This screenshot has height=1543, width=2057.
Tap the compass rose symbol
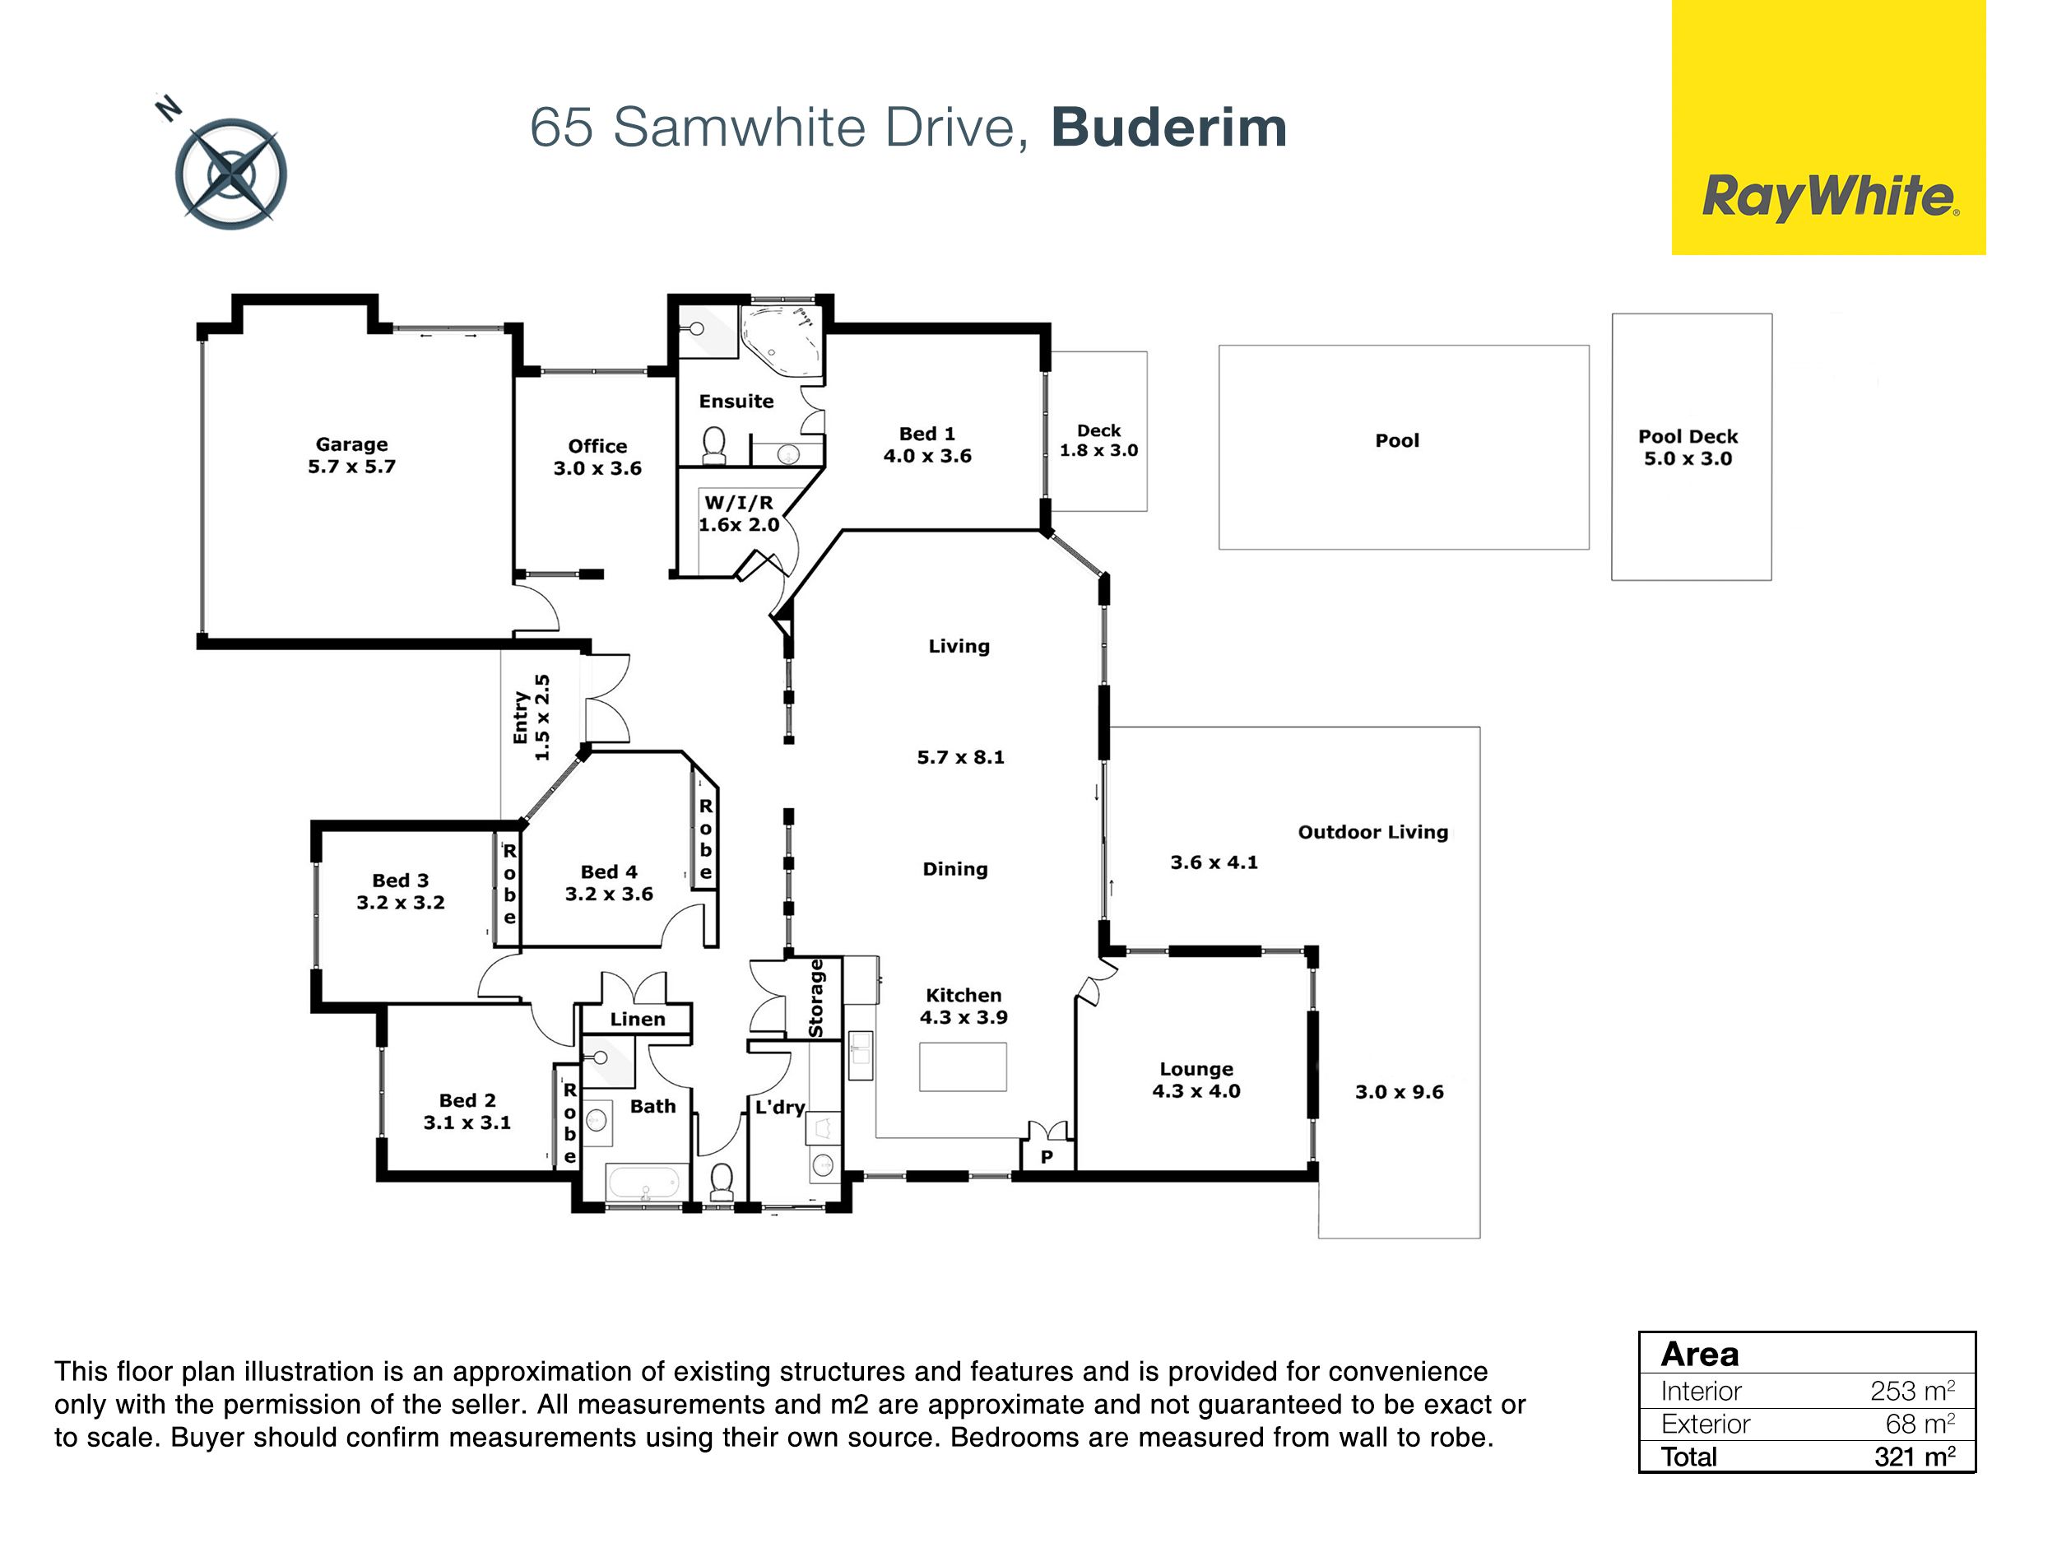coord(230,174)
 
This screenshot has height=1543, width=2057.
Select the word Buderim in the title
coord(1169,128)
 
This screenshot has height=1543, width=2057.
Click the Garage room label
coord(351,444)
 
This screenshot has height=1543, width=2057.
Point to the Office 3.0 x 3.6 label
coord(598,457)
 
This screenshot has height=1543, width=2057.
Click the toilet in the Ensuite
coord(714,444)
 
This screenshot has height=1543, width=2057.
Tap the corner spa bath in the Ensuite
coord(782,341)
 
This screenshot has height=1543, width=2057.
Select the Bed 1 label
coord(927,434)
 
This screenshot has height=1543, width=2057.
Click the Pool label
coord(1397,440)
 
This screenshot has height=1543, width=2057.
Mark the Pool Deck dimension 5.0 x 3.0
coord(1688,458)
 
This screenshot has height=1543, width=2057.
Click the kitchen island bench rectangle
coord(963,1066)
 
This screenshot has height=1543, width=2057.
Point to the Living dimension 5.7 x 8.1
coord(960,757)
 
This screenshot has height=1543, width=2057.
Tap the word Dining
coord(955,870)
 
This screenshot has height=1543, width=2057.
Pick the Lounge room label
coord(1196,1069)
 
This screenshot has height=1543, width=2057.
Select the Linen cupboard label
coord(637,1020)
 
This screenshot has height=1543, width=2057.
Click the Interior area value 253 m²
coord(1912,1391)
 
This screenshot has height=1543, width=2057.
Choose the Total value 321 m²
coord(1914,1456)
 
